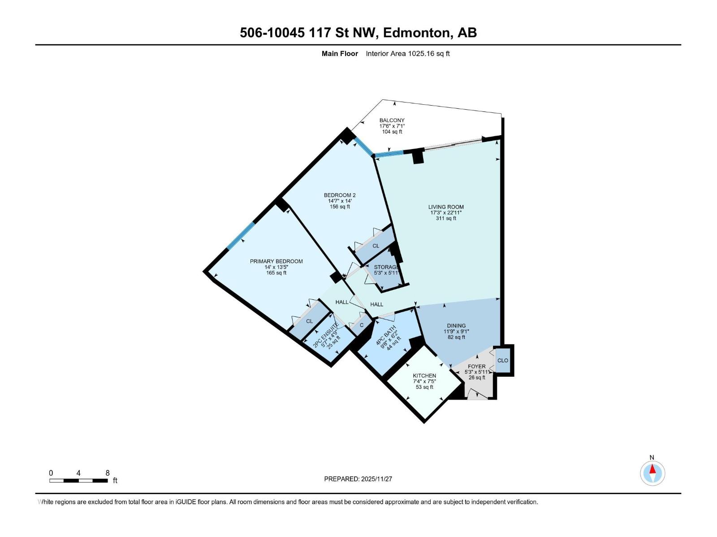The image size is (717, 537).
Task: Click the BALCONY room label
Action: click(392, 120)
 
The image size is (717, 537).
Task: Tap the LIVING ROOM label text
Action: click(446, 207)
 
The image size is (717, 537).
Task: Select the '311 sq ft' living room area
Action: click(446, 218)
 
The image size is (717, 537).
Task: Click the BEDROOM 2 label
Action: click(340, 195)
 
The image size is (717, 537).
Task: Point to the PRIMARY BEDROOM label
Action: click(276, 261)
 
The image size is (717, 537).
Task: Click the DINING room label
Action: click(456, 326)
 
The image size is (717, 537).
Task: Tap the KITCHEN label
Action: click(424, 376)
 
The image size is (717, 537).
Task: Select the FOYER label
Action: click(476, 367)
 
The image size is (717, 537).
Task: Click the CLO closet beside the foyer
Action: click(503, 360)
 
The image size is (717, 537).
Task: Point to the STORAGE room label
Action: click(386, 267)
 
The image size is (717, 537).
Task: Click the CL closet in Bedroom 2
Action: click(376, 246)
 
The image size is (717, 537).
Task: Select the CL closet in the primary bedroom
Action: click(309, 321)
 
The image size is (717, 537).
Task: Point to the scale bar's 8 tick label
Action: click(108, 473)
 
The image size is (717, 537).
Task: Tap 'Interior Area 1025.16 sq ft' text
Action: click(407, 54)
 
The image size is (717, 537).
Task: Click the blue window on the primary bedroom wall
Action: click(241, 236)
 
